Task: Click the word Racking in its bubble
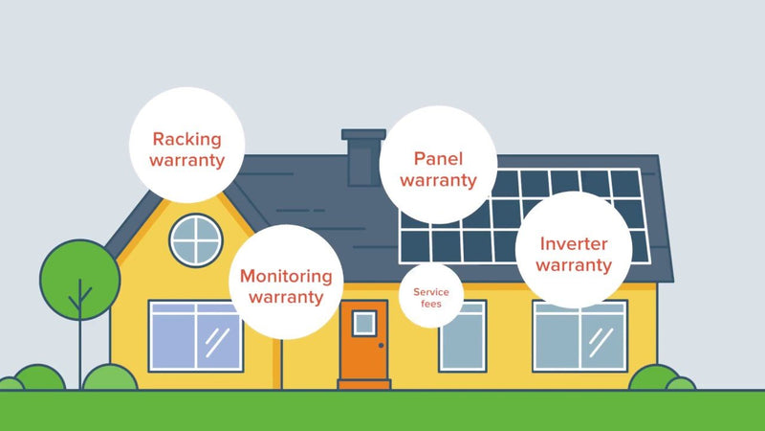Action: coord(187,140)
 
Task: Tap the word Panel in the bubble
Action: coord(438,158)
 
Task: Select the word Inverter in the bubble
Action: coord(573,243)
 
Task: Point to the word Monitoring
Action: coord(286,276)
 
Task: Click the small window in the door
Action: coord(364,323)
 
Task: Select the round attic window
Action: coord(195,239)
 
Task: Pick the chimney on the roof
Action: coord(362,158)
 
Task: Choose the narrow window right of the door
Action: coord(462,337)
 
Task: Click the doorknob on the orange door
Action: coord(381,345)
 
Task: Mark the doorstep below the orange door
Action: coord(364,384)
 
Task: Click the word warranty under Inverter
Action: coord(574,265)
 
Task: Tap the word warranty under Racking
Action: coord(187,161)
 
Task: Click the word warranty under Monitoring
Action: coord(286,297)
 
